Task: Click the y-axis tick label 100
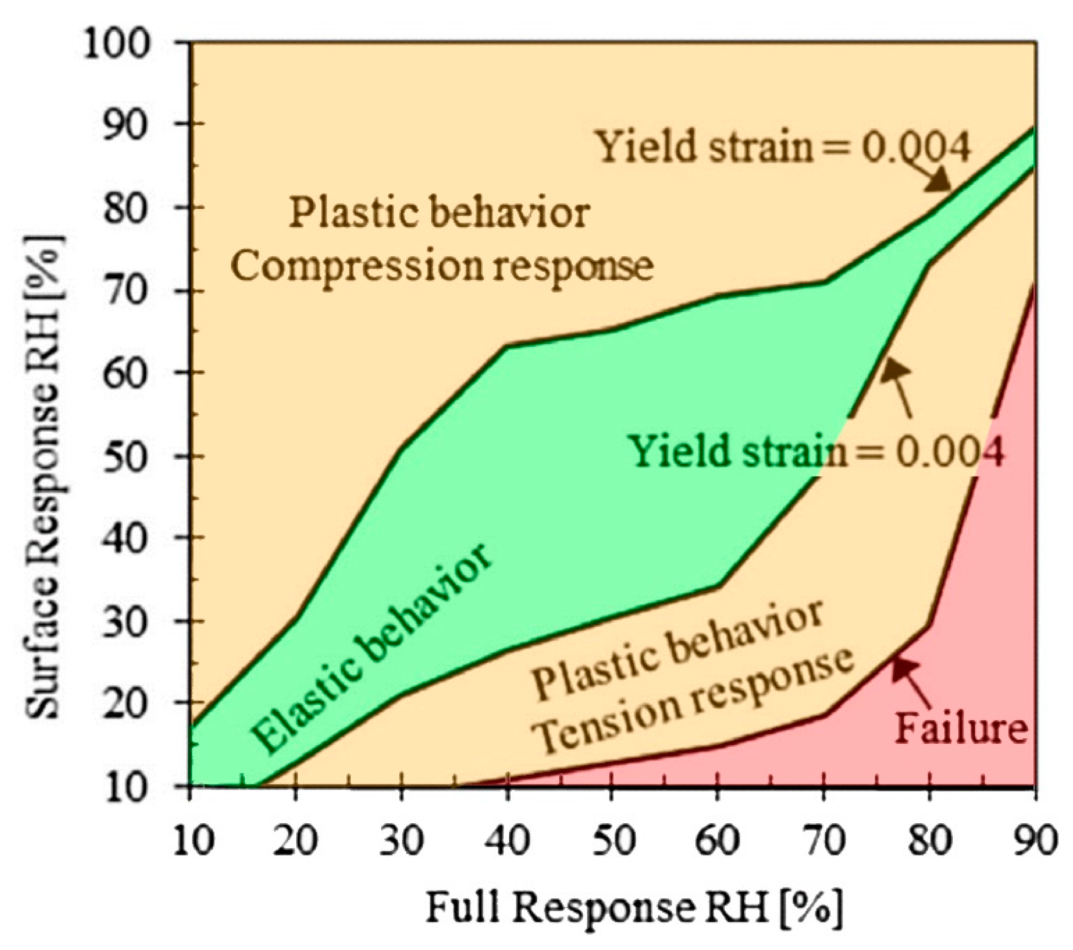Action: click(x=117, y=44)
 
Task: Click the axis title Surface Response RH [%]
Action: click(x=44, y=476)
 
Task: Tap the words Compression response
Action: click(x=443, y=266)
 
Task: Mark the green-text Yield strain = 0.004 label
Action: click(x=816, y=452)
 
